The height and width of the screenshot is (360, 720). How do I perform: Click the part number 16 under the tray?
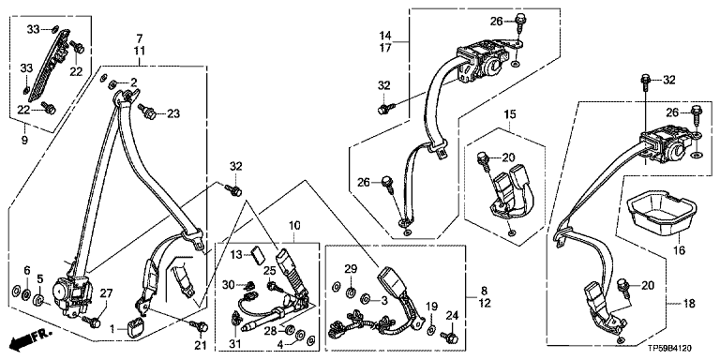pos(679,250)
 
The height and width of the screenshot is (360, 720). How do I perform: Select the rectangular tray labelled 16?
pos(659,212)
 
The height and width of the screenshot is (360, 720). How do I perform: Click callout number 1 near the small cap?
pos(112,328)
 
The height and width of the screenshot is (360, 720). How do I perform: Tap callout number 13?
pos(249,254)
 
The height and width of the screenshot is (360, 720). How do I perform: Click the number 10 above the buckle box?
pos(293,225)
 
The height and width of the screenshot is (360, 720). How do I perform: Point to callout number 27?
pos(105,292)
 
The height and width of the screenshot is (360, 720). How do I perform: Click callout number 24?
pos(452,315)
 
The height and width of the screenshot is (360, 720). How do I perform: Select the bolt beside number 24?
pos(448,337)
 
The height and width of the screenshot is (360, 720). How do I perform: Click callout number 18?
pos(689,304)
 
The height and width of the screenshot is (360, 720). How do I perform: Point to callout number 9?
pos(24,139)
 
